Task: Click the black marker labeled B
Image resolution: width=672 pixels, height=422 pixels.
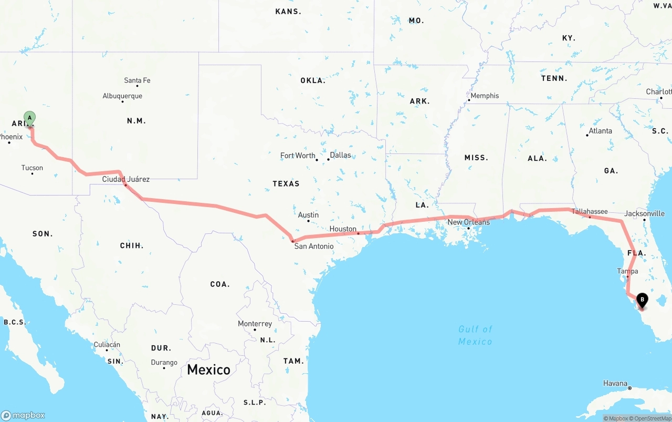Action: [642, 301]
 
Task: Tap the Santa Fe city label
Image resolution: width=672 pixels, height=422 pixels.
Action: [137, 80]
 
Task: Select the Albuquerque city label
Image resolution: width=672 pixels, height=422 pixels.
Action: [122, 96]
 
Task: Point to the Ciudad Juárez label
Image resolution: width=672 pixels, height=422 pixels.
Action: [126, 179]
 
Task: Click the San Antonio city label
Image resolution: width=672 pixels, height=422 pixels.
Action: [313, 246]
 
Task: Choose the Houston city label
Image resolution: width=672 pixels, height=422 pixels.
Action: [343, 229]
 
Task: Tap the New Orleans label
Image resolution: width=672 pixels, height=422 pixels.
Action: [468, 222]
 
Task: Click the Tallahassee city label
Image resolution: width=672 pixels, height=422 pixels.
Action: [590, 212]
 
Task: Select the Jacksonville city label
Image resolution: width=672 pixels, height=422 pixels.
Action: [644, 214]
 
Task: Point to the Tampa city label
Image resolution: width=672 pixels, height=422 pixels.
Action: [627, 271]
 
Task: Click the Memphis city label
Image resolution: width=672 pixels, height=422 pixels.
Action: [485, 96]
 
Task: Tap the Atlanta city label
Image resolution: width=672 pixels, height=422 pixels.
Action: [600, 131]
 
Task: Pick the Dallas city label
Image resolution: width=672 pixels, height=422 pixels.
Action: [340, 155]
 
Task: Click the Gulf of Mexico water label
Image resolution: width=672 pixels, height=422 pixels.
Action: [475, 335]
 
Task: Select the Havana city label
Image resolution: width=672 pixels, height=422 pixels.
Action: [615, 384]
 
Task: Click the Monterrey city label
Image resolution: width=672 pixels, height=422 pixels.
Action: [255, 324]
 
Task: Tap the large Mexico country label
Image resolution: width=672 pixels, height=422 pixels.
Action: [208, 369]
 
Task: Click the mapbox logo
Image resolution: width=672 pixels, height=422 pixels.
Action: [23, 415]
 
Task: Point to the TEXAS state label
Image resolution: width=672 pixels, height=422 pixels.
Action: [286, 183]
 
